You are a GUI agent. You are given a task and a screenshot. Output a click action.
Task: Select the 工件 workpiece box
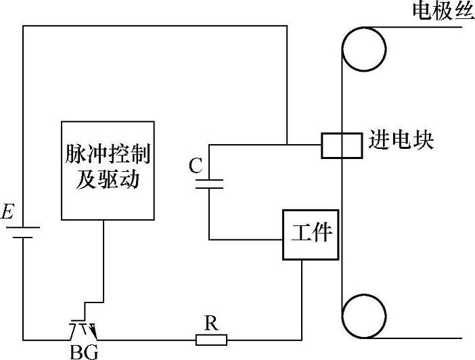pos(311,234)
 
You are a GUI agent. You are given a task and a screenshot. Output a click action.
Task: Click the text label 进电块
pos(401,140)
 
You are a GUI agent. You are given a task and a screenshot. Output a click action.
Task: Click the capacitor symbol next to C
pos(208,183)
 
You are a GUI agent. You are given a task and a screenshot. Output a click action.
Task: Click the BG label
pos(84,352)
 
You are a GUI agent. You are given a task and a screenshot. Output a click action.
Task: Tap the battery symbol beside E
pos(24,233)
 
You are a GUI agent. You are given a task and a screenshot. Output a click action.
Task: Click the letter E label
pos(7,214)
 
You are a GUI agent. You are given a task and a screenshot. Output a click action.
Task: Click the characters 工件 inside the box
pos(311,233)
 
